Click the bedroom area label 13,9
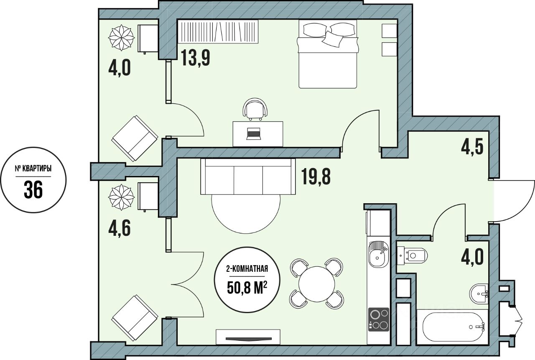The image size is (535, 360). [196, 58]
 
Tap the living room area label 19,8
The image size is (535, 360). [316, 176]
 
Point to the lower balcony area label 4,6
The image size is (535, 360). [120, 228]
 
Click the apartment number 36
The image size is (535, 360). [33, 189]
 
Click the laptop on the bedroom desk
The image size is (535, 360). [253, 133]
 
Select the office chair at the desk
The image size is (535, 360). [255, 109]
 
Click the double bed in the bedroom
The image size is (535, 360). [328, 54]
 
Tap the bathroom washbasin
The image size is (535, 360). [479, 294]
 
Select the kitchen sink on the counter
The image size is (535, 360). [378, 254]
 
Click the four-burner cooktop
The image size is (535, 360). [379, 319]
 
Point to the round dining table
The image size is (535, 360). [317, 284]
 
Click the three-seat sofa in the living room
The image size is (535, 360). [248, 176]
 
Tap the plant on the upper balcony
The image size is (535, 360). [121, 38]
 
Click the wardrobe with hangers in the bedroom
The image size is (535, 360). [218, 31]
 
